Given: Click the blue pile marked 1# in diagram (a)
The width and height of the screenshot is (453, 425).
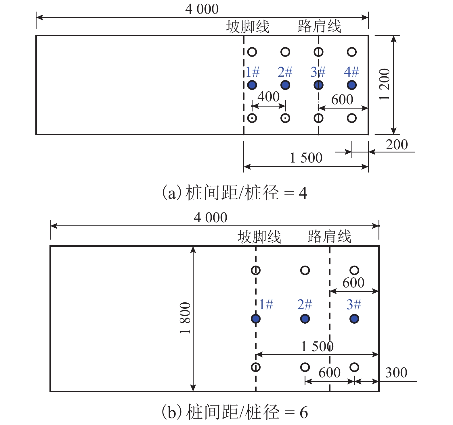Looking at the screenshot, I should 252,85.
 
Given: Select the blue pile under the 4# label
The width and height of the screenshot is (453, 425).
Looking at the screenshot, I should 352,85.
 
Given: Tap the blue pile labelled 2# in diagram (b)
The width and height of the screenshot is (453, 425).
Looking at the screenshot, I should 305,319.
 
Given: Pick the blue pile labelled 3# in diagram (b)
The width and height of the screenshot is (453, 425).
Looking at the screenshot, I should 354,319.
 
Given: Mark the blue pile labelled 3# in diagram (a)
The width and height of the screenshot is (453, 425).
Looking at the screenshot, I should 318,85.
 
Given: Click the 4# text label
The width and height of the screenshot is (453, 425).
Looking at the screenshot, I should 351,72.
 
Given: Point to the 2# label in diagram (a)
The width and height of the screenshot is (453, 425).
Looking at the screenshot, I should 285,72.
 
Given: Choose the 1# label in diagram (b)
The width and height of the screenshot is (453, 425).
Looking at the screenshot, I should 266,304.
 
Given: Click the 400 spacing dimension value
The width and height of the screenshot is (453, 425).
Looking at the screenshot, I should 268,97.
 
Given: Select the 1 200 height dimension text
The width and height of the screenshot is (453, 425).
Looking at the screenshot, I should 385,84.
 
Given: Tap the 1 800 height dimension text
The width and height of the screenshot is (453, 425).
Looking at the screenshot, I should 185,318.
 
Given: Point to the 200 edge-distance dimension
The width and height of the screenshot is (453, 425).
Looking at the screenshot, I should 397,145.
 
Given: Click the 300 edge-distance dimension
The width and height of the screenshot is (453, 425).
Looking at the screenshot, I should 396,373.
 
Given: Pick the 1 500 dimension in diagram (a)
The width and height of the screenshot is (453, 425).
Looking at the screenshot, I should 306,158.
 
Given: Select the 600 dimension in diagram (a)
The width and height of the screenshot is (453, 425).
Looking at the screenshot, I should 342,100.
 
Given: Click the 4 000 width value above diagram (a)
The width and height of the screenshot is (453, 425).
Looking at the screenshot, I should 202,9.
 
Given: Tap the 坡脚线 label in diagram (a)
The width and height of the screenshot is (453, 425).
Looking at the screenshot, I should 248,27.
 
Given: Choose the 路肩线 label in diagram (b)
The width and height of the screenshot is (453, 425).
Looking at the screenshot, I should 329,237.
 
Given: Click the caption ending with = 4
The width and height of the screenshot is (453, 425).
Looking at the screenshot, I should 235,193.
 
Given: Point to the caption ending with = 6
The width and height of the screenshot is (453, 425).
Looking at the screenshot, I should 235,412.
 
